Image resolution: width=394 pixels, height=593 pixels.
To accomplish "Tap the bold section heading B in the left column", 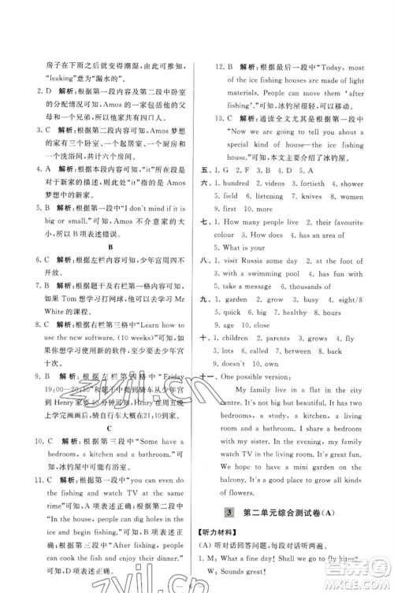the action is point(107,243).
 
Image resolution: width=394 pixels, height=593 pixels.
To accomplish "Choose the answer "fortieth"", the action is point(318,182).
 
